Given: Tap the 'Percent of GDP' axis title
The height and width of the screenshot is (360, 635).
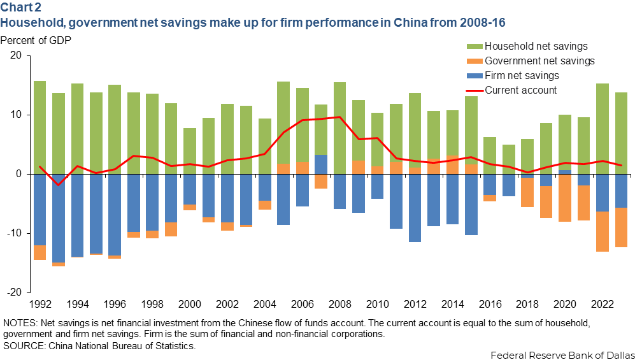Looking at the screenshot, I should coord(36,41).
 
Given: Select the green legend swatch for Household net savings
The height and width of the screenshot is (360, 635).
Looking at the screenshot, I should coord(474,46).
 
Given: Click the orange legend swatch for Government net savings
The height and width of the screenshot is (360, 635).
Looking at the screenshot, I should coord(474,61).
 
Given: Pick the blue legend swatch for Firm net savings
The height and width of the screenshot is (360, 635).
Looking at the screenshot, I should coord(474,75).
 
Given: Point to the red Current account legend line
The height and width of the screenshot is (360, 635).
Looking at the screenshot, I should coord(474,90).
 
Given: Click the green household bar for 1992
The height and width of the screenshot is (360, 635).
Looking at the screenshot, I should coord(39,127).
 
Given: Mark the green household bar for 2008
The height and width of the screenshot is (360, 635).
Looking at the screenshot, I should coord(339,127).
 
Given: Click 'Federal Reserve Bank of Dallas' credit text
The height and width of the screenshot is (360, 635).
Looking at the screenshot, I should coord(562,354).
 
